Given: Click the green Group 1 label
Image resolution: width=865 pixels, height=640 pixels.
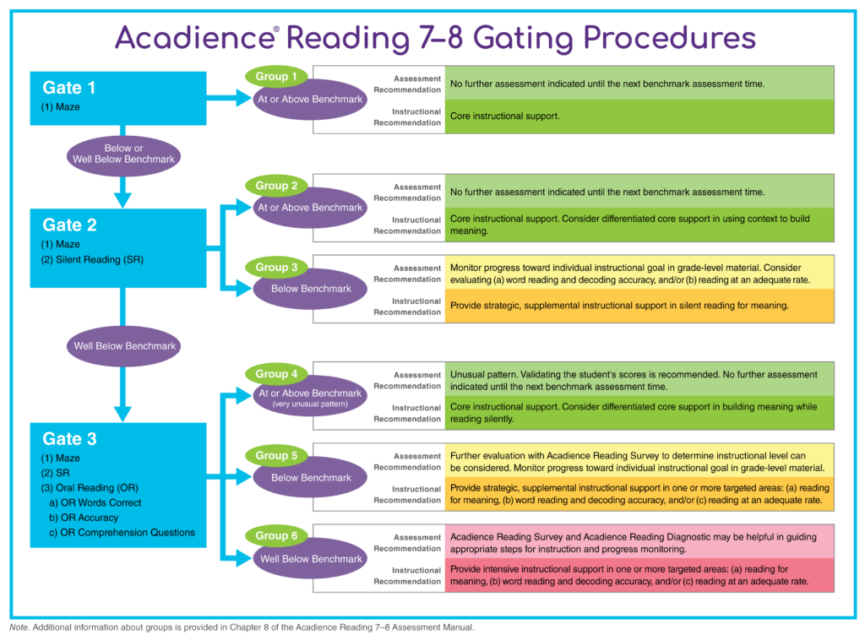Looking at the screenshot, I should pos(276,77).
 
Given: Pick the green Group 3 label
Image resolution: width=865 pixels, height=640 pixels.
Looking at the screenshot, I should pos(276,268).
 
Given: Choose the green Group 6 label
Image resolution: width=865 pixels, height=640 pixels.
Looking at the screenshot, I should pos(276,535).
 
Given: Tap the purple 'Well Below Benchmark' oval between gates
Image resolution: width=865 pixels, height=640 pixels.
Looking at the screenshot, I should pos(124,346).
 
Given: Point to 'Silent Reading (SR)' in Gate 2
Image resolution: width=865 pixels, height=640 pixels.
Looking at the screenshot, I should pos(93,260).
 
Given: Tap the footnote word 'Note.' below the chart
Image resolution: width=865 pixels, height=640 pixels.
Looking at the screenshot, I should pos(19,628).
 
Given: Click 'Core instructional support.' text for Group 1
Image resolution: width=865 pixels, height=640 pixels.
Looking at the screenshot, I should pos(504,117).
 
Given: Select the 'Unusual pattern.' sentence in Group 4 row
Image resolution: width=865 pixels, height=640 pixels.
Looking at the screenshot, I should pos(487,375).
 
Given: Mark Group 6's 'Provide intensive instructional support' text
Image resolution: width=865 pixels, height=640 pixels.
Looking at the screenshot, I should pos(541,569).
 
